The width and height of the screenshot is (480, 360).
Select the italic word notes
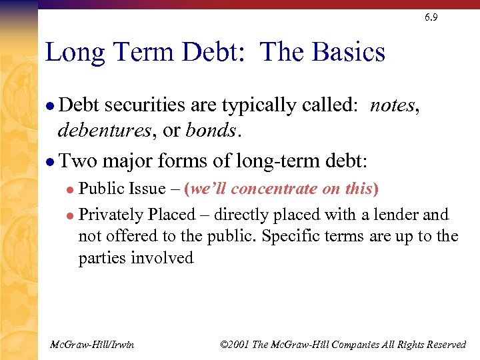click(393, 105)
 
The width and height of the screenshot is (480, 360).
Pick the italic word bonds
click(211, 130)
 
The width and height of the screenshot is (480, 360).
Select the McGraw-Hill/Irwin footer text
click(92, 344)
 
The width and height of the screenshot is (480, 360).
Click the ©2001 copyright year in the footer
click(235, 344)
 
